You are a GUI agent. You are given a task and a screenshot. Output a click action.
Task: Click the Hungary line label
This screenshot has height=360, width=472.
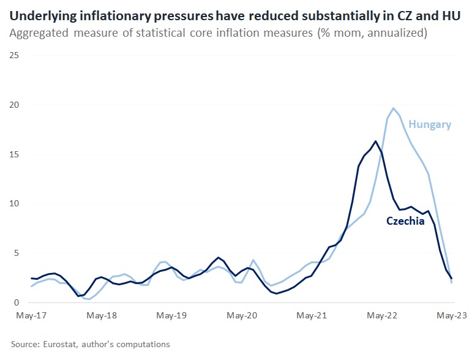pos(430,125)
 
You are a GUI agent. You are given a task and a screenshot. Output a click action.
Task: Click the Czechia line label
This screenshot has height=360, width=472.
pos(405,221)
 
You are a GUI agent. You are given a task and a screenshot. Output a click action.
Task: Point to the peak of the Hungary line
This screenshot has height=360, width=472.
pos(393,108)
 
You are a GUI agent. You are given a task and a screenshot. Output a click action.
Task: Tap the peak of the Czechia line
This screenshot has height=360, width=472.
pos(375,141)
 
